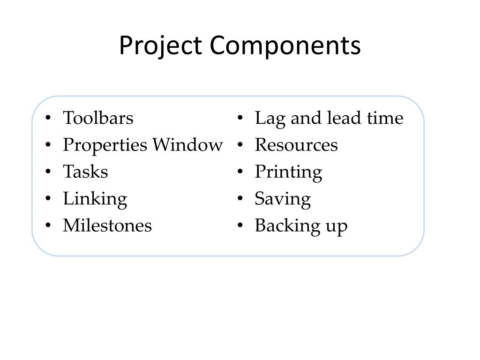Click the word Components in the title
(285, 46)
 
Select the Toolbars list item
(98, 118)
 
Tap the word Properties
(105, 145)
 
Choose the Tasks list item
(85, 172)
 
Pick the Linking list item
(95, 199)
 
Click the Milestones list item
(107, 226)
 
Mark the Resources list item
(296, 145)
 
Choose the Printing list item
(288, 172)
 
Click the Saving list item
(283, 199)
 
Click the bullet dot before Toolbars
(49, 119)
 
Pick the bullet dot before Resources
(240, 146)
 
